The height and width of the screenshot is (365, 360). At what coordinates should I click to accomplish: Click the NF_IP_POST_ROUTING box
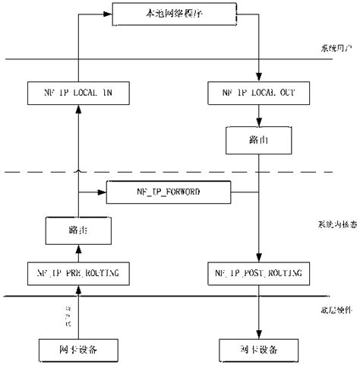[259, 271]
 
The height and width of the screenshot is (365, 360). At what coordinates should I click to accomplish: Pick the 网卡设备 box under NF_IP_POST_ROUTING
[259, 349]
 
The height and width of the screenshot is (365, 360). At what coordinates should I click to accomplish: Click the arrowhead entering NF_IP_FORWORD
[102, 193]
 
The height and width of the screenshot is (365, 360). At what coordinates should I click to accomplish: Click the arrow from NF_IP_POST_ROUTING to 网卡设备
[259, 312]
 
